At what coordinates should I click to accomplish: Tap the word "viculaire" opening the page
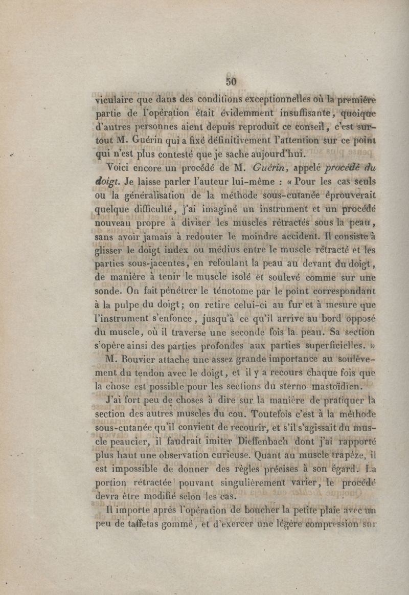point(113,101)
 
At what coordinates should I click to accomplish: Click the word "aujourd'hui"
point(275,152)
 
